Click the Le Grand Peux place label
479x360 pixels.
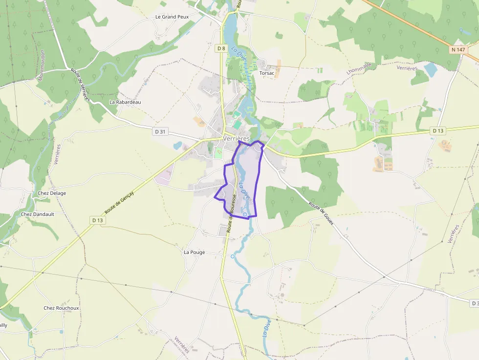coord(172,17)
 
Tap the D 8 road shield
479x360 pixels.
coord(221,48)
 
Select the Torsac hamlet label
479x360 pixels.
coord(267,73)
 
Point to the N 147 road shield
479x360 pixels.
coord(457,50)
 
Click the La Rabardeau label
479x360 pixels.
coord(125,102)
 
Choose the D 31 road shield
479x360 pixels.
coord(160,131)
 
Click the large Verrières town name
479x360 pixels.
coord(236,139)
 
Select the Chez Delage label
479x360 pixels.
coord(52,193)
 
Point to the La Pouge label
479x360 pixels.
coord(194,253)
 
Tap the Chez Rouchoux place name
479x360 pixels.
coord(61,308)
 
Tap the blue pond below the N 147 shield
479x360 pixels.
coord(430,69)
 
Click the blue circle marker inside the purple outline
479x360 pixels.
coord(244,214)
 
